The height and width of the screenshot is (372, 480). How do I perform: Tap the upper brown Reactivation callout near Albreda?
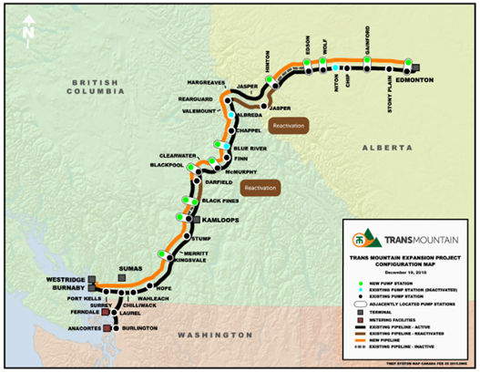coord(279,126)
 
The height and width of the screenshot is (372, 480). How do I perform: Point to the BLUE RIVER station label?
coord(252,147)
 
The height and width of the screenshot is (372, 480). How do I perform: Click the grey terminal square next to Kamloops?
coord(196,220)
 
